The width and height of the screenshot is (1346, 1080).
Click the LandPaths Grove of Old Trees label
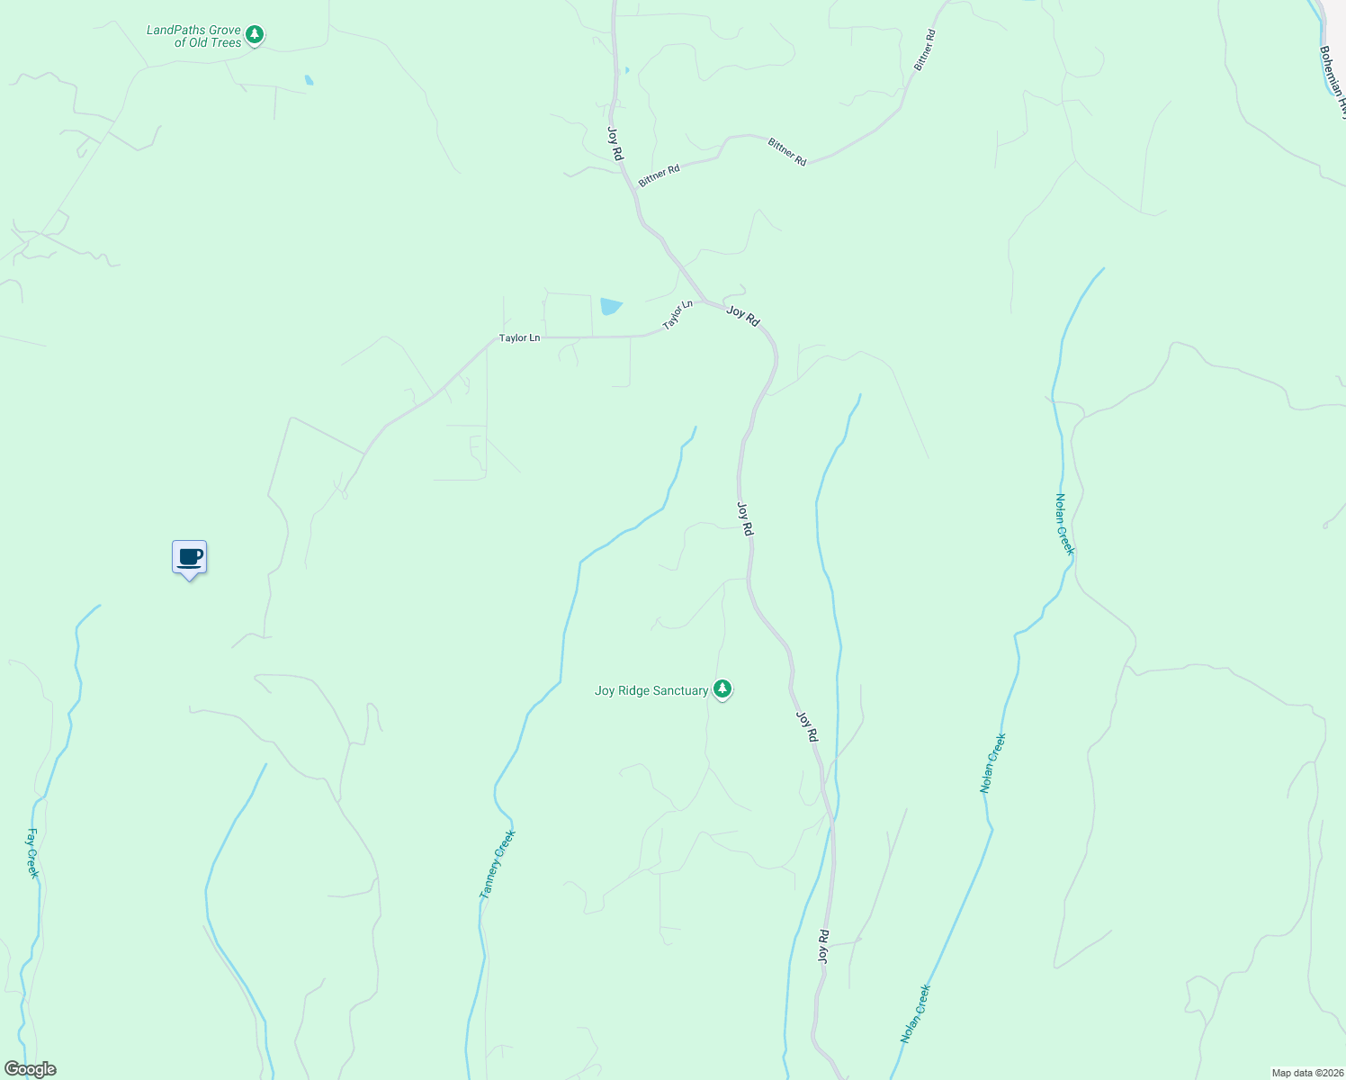click(x=193, y=36)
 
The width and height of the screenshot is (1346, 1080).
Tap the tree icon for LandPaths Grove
click(x=255, y=35)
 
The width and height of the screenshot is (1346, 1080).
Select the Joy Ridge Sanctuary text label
click(x=651, y=691)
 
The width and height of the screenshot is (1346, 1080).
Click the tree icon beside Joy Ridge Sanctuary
click(x=722, y=689)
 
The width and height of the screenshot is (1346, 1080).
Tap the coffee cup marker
click(x=189, y=558)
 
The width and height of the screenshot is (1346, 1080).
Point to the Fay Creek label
click(x=32, y=853)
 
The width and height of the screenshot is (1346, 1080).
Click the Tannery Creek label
click(x=498, y=864)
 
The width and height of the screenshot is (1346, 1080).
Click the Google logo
click(x=30, y=1069)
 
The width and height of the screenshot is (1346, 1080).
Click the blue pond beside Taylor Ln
click(x=610, y=306)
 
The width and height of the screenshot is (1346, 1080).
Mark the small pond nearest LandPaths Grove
click(x=309, y=80)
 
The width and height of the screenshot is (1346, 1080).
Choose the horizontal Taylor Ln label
click(x=520, y=338)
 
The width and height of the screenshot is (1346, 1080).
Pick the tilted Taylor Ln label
click(x=678, y=315)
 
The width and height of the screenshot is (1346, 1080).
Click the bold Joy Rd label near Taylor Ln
click(x=743, y=316)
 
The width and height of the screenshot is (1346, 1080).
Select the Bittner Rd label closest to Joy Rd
click(x=659, y=176)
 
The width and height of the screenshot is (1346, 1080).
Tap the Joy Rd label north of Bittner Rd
click(x=615, y=144)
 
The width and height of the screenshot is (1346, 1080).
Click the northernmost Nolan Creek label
click(x=1064, y=524)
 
